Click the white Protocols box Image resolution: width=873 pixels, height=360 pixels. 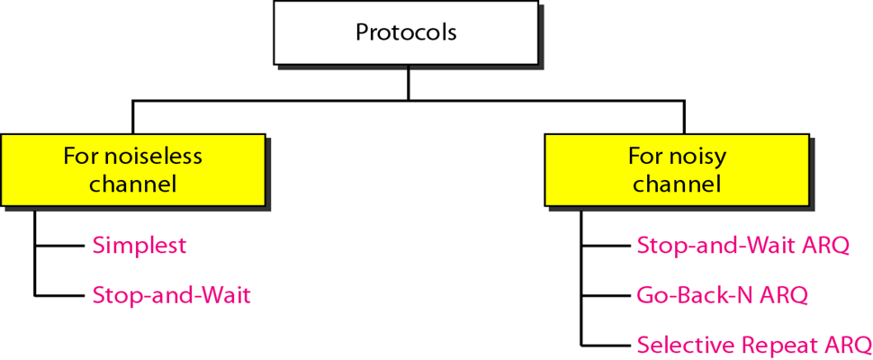[x=406, y=32]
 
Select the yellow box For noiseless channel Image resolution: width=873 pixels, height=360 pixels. [x=132, y=170]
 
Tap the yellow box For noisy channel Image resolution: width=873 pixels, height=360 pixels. [x=676, y=170]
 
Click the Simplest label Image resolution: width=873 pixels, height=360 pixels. [x=139, y=245]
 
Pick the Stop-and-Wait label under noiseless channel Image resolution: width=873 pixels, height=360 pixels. [x=171, y=294]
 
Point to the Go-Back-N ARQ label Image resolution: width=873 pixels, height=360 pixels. [x=722, y=294]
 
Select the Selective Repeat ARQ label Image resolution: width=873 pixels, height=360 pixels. [x=754, y=345]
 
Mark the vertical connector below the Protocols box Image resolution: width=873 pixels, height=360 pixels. [x=408, y=83]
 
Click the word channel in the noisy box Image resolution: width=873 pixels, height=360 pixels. [x=677, y=184]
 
